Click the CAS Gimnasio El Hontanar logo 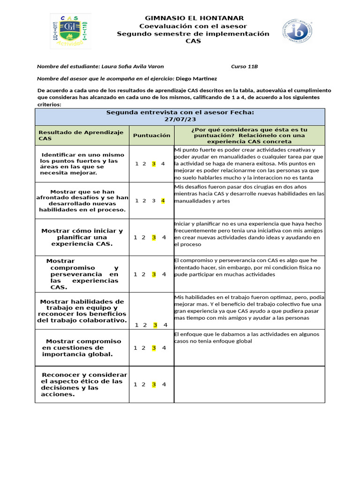[x=71, y=31]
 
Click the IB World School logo [x=297, y=31]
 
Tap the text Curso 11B [x=244, y=67]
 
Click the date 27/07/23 [x=180, y=120]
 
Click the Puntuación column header [x=151, y=135]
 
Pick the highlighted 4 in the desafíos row [x=163, y=201]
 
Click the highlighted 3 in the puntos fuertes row [x=153, y=164]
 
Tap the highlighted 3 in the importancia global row [x=153, y=348]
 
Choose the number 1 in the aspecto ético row [x=135, y=384]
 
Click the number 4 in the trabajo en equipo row [x=165, y=325]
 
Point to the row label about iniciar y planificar [x=82, y=237]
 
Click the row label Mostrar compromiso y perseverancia [x=82, y=274]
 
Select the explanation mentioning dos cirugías [x=249, y=194]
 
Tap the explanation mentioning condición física [x=249, y=267]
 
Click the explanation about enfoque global [x=249, y=337]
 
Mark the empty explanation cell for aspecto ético [x=249, y=384]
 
